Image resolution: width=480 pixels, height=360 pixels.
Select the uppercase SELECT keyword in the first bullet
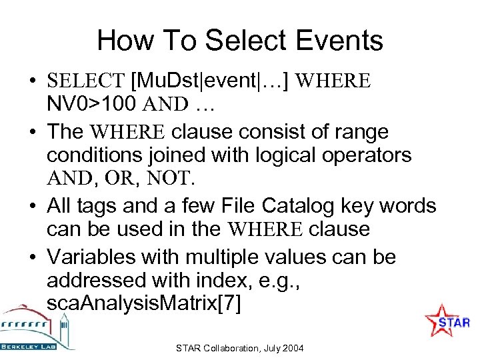(x=85, y=81)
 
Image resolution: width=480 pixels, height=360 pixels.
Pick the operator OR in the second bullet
(x=128, y=178)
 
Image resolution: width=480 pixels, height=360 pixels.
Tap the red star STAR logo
(x=445, y=321)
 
